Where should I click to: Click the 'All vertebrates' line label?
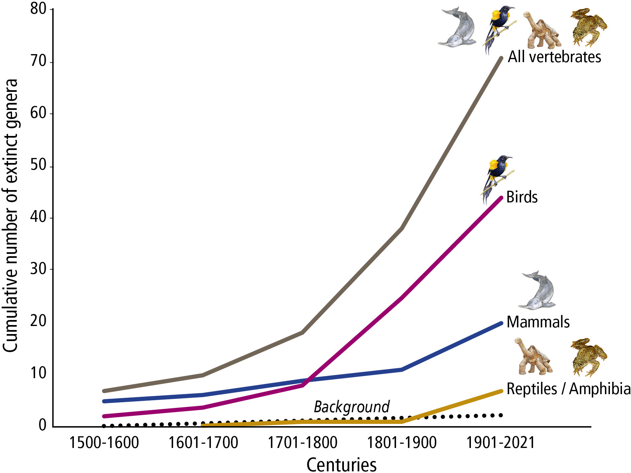554,57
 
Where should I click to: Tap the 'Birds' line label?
522,197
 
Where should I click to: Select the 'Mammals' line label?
538,322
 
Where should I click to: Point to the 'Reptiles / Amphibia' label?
568,389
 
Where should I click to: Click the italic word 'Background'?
352,407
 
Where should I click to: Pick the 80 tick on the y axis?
38,9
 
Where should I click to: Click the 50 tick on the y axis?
38,165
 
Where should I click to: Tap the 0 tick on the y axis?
42,425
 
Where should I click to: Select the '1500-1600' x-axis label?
104,443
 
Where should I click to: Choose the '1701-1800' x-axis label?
302,443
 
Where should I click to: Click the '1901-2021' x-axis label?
501,443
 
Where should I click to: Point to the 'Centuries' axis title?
341,465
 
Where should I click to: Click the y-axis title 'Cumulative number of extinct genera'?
11,215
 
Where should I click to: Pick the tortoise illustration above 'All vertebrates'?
541,31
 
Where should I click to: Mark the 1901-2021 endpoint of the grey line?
501,58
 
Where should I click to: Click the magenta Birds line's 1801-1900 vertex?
401,297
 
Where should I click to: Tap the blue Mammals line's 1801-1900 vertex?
401,369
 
